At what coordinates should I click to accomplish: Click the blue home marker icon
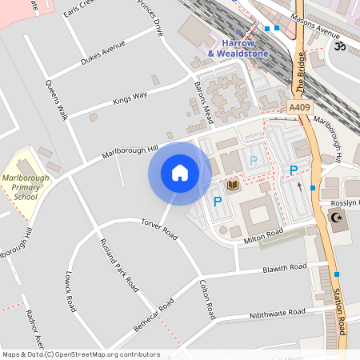180,173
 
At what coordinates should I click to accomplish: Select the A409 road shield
299,106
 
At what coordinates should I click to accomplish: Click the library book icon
233,186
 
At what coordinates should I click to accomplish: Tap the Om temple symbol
338,46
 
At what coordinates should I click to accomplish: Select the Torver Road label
158,228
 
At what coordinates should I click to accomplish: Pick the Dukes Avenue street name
103,55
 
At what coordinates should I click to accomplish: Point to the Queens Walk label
57,100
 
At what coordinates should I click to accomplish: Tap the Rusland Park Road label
117,263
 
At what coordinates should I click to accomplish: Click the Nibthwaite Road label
278,313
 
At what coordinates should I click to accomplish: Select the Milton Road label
265,233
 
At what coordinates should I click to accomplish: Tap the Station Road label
340,313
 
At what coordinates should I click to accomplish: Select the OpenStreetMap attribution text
81,354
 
